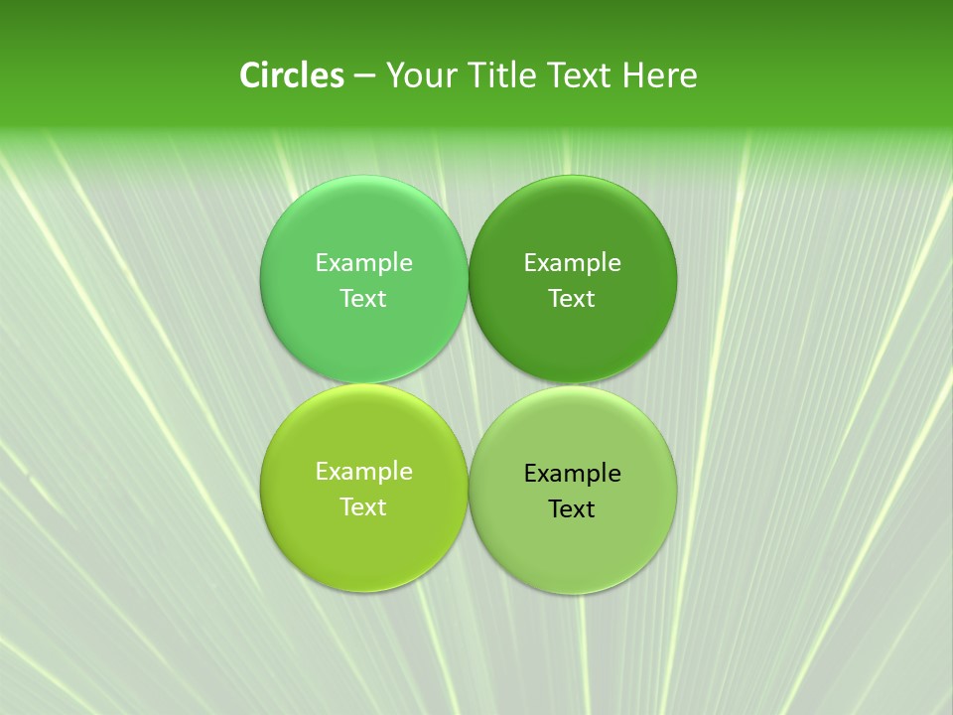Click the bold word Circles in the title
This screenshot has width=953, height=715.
[x=292, y=75]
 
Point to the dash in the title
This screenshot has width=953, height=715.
[x=364, y=76]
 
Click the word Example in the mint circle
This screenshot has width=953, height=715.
[x=363, y=263]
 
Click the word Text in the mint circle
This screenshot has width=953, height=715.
[x=363, y=298]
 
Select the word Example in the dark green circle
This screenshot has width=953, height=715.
[x=573, y=263]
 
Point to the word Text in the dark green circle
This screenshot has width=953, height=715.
[x=573, y=298]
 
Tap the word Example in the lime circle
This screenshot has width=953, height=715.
[x=363, y=472]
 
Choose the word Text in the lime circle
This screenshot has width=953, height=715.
[x=363, y=506]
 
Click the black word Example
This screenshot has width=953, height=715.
[x=573, y=474]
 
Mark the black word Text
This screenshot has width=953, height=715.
[x=573, y=508]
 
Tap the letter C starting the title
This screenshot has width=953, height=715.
[x=249, y=75]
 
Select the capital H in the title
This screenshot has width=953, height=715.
[x=631, y=75]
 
